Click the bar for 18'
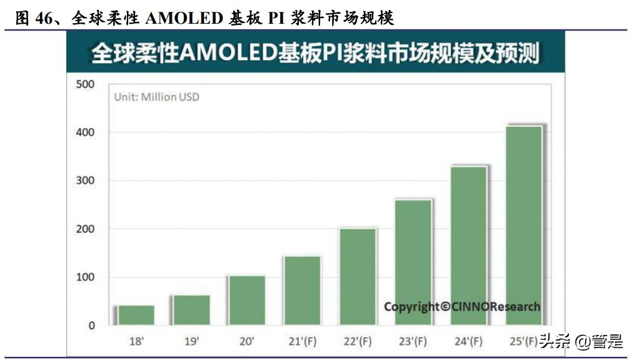(x=136, y=315)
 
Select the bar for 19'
(x=191, y=310)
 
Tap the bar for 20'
(x=246, y=300)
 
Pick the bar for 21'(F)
(x=302, y=291)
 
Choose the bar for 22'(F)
(x=358, y=277)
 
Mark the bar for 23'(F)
(x=413, y=262)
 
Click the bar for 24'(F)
(x=468, y=246)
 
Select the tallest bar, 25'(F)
(x=523, y=226)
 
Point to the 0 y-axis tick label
(x=91, y=326)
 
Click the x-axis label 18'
(x=136, y=341)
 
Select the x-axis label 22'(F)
(x=358, y=341)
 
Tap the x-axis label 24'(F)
(x=468, y=341)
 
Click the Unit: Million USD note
(x=156, y=97)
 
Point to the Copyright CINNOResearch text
(x=461, y=306)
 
